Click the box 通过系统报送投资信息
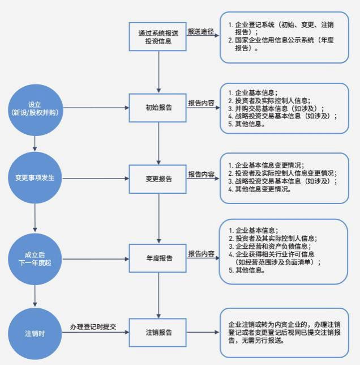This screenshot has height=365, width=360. click(158, 37)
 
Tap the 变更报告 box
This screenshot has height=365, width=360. click(158, 179)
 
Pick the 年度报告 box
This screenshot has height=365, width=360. click(158, 258)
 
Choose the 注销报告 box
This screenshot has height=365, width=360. click(158, 332)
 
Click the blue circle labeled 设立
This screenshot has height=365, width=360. click(35, 108)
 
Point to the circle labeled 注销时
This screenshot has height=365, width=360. click(35, 332)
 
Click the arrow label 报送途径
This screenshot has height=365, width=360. click(201, 31)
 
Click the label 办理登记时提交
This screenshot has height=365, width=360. click(93, 326)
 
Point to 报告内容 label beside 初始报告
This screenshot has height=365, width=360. click(201, 103)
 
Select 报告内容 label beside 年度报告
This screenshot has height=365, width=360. click(201, 253)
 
